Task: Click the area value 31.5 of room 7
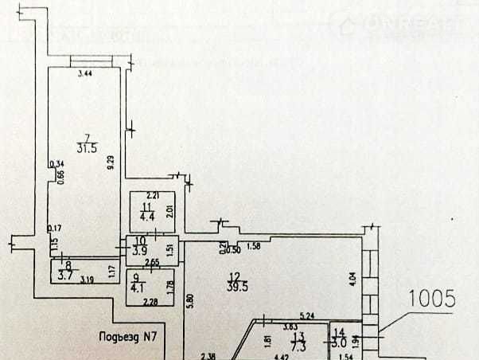[x=87, y=147]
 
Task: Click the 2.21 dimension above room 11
[x=154, y=195]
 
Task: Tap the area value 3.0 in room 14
[x=340, y=342]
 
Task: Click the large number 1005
[x=431, y=299]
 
